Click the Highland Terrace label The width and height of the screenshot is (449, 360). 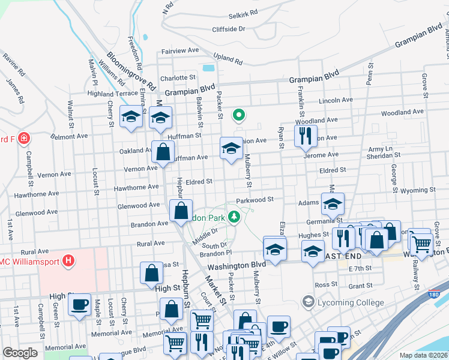click(x=112, y=94)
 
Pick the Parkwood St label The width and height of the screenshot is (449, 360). click(x=255, y=199)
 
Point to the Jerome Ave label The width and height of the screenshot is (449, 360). click(x=322, y=155)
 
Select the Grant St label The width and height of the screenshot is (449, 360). click(x=360, y=286)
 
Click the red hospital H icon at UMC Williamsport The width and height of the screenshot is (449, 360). click(x=69, y=261)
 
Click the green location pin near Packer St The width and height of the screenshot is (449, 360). click(x=239, y=114)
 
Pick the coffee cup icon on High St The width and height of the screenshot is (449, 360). click(x=78, y=305)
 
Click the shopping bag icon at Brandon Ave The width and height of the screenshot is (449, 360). click(x=181, y=211)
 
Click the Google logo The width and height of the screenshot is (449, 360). click(x=20, y=353)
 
